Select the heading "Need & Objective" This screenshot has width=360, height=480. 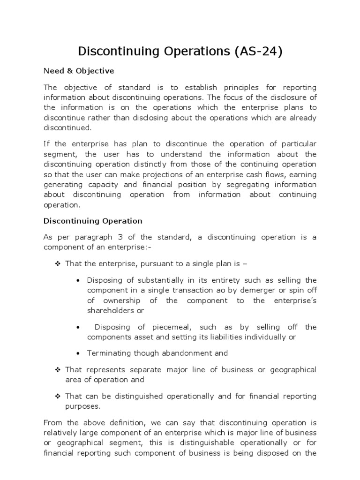[x=78, y=71]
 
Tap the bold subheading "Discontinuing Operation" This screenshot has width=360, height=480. [x=93, y=220]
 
